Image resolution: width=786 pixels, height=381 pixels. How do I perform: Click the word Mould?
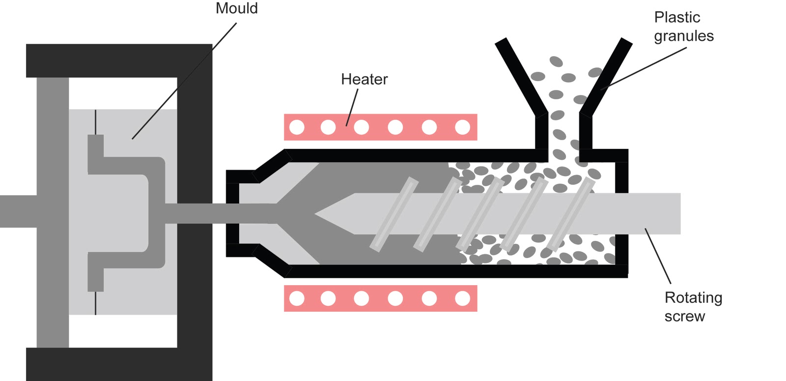click(x=236, y=8)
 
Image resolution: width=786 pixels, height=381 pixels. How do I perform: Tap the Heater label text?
click(x=364, y=79)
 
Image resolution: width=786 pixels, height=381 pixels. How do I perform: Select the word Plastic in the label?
click(x=676, y=17)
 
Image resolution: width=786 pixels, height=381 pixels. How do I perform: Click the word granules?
click(x=683, y=36)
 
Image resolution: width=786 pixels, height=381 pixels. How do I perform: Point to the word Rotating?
click(x=693, y=297)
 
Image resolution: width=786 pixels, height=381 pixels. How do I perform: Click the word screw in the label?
click(x=684, y=316)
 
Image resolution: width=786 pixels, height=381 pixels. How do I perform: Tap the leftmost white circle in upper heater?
click(x=297, y=127)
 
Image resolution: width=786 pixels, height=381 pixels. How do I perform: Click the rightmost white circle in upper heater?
click(x=462, y=127)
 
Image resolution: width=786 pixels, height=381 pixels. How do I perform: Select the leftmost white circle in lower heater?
click(x=297, y=298)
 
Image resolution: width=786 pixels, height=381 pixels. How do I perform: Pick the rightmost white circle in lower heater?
click(x=462, y=298)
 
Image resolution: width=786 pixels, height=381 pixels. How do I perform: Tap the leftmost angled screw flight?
click(x=393, y=214)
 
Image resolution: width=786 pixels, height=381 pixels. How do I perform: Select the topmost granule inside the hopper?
click(x=556, y=61)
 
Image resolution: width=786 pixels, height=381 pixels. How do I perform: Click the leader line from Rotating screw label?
click(x=658, y=256)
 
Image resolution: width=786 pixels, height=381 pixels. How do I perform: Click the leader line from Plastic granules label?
click(x=644, y=68)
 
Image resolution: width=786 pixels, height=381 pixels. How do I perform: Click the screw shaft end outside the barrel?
click(x=658, y=213)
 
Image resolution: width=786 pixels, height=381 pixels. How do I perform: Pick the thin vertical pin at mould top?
click(x=95, y=122)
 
